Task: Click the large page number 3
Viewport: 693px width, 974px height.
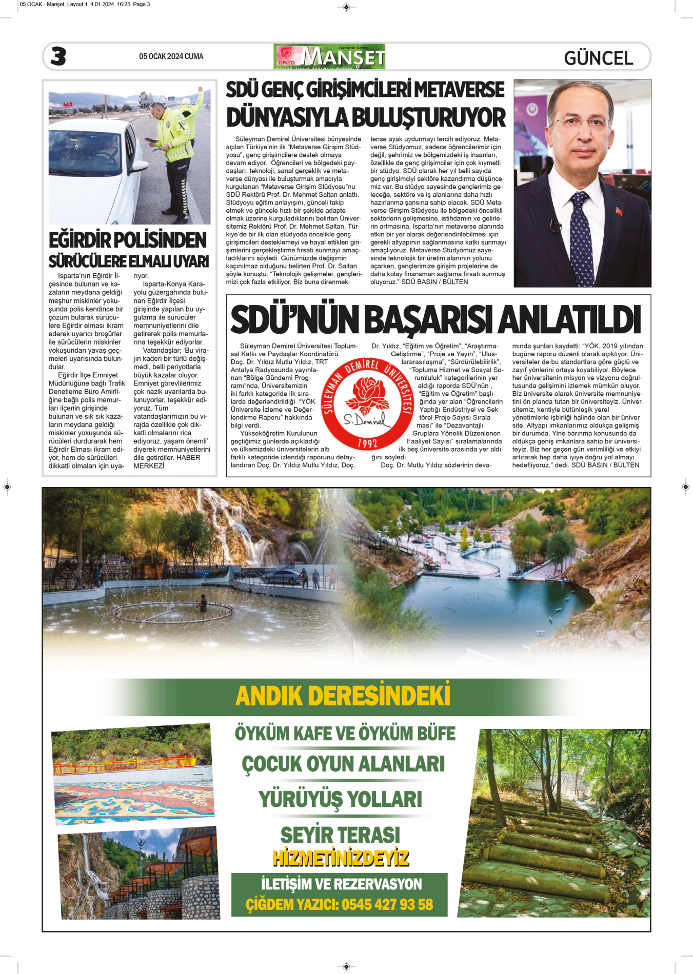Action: click(58, 56)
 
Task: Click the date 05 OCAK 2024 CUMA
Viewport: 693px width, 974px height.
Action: click(171, 56)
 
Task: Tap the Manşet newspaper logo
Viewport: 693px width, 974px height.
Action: click(329, 56)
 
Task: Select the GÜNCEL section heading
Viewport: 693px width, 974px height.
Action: click(598, 58)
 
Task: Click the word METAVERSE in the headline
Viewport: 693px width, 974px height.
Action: click(459, 90)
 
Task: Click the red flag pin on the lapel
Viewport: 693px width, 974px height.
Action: click(619, 211)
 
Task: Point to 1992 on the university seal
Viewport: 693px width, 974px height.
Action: click(367, 443)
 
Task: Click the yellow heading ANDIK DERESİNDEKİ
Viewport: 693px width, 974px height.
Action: click(343, 696)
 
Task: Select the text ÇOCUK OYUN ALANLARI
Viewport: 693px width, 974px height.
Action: click(343, 764)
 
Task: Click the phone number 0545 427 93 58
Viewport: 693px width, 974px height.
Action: click(387, 904)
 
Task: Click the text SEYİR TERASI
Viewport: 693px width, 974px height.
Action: click(340, 835)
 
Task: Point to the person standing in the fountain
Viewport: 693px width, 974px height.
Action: click(203, 602)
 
